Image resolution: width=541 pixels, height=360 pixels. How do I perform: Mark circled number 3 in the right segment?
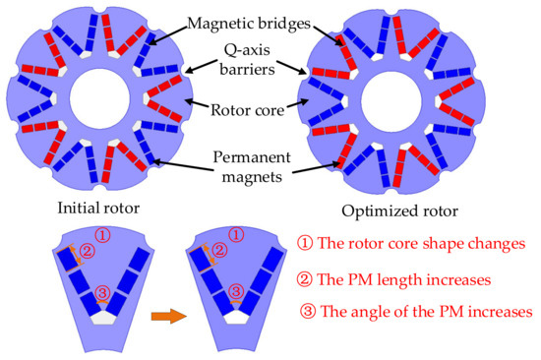tap(234, 292)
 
